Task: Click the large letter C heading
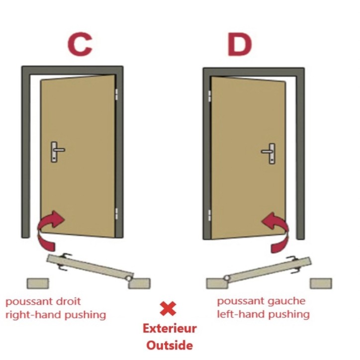80,44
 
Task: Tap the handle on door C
56,151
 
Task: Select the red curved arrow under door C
50,229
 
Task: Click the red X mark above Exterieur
168,308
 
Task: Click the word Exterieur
170,328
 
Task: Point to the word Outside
170,344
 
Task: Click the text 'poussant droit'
43,301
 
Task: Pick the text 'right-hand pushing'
56,314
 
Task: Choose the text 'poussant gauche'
261,301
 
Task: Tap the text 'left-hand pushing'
263,314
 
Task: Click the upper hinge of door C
117,93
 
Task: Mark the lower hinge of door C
117,213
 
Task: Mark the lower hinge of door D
209,215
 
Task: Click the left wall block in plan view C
38,283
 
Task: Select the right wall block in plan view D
321,283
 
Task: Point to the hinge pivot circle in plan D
227,277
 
